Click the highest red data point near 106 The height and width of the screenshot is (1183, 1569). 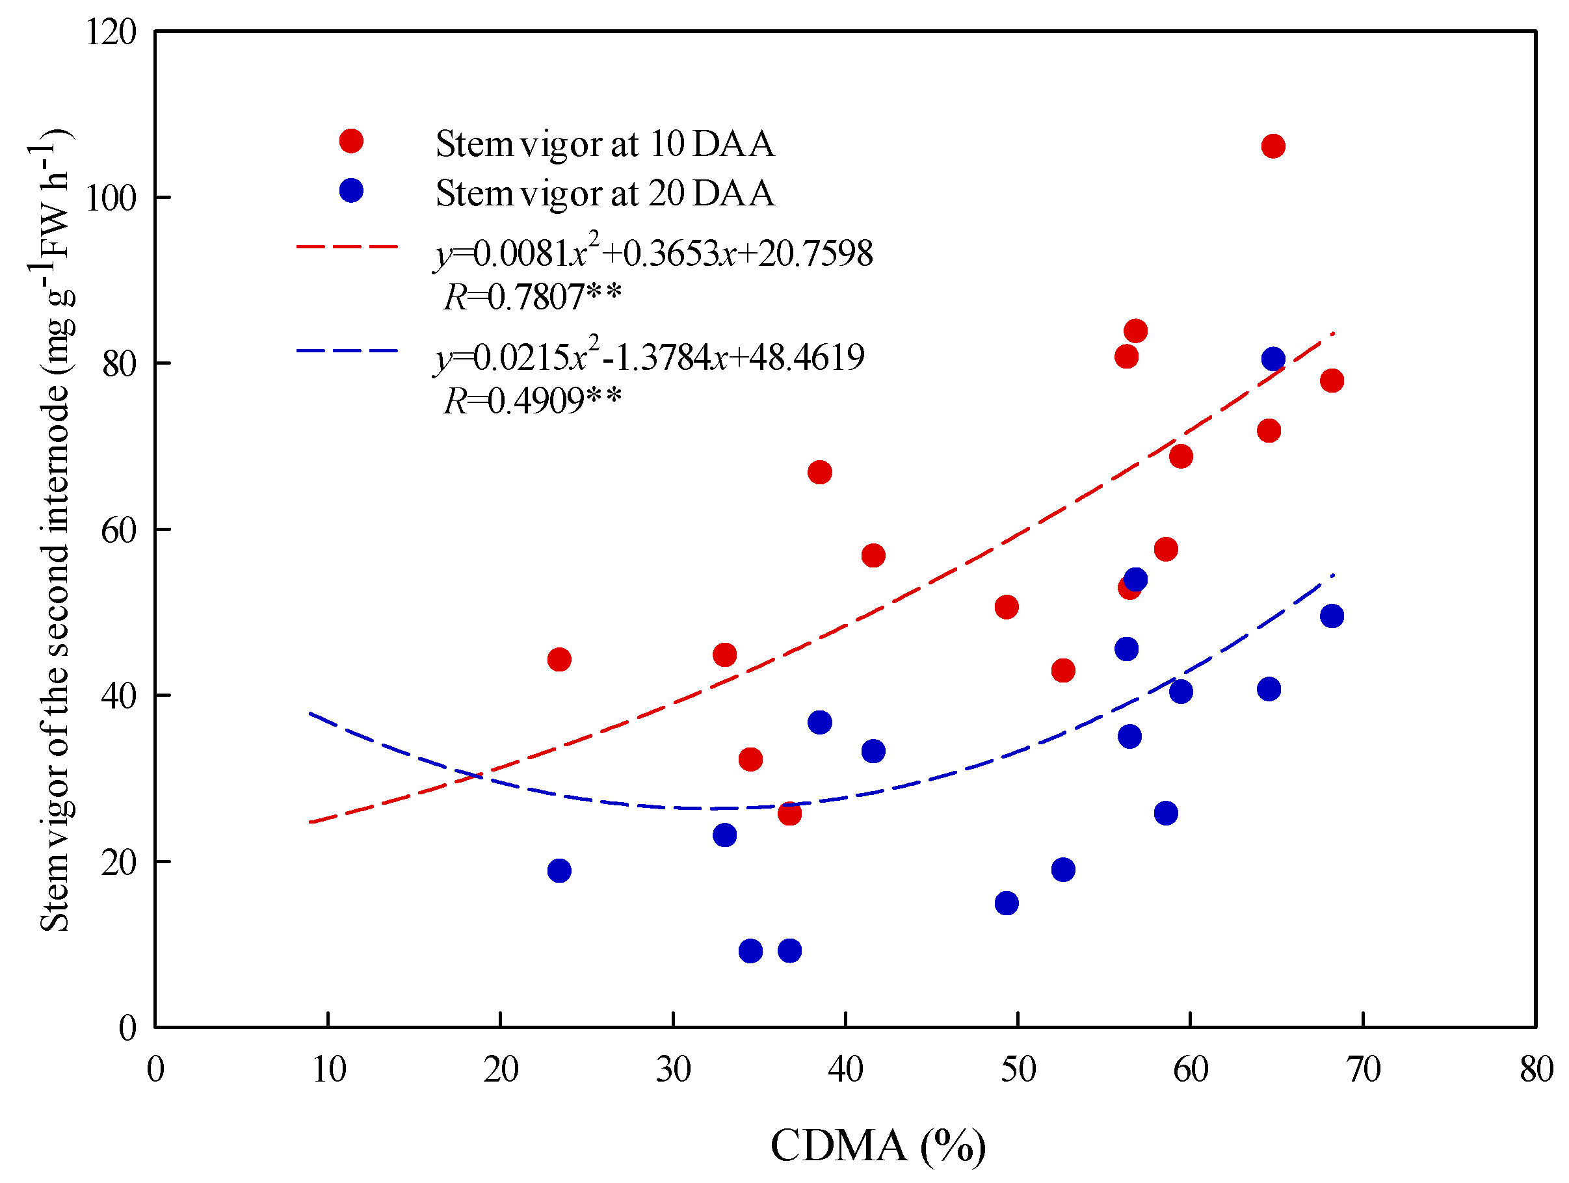(1272, 146)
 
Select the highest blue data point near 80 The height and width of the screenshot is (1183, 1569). (1272, 359)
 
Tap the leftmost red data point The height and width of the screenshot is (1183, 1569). (559, 660)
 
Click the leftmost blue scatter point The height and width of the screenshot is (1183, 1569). (559, 870)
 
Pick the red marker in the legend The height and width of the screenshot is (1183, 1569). (351, 141)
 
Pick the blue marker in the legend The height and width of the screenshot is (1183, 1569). (351, 190)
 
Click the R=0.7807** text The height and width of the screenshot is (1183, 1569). (532, 296)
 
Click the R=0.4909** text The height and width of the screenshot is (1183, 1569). (532, 400)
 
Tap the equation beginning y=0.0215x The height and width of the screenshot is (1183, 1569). (650, 356)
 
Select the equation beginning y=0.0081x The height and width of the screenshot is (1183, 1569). (653, 252)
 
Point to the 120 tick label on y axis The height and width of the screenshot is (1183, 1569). (111, 32)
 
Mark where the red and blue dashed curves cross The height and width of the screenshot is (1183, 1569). (477, 776)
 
